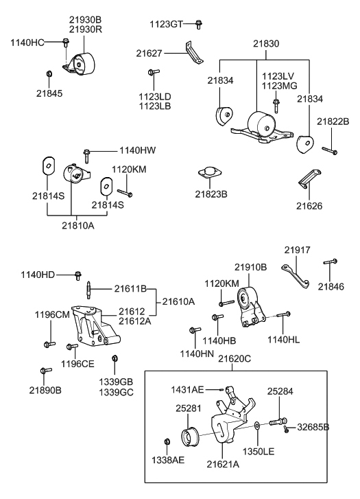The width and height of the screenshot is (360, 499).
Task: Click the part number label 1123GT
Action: (x=167, y=25)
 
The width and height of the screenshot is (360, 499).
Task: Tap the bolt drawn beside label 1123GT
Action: (x=198, y=25)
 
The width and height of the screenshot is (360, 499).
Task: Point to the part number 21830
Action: (x=266, y=43)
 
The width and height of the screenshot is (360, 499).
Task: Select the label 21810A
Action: (x=79, y=224)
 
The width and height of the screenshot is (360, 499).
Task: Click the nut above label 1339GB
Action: (x=115, y=358)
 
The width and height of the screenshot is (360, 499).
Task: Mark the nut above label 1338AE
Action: (x=167, y=441)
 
